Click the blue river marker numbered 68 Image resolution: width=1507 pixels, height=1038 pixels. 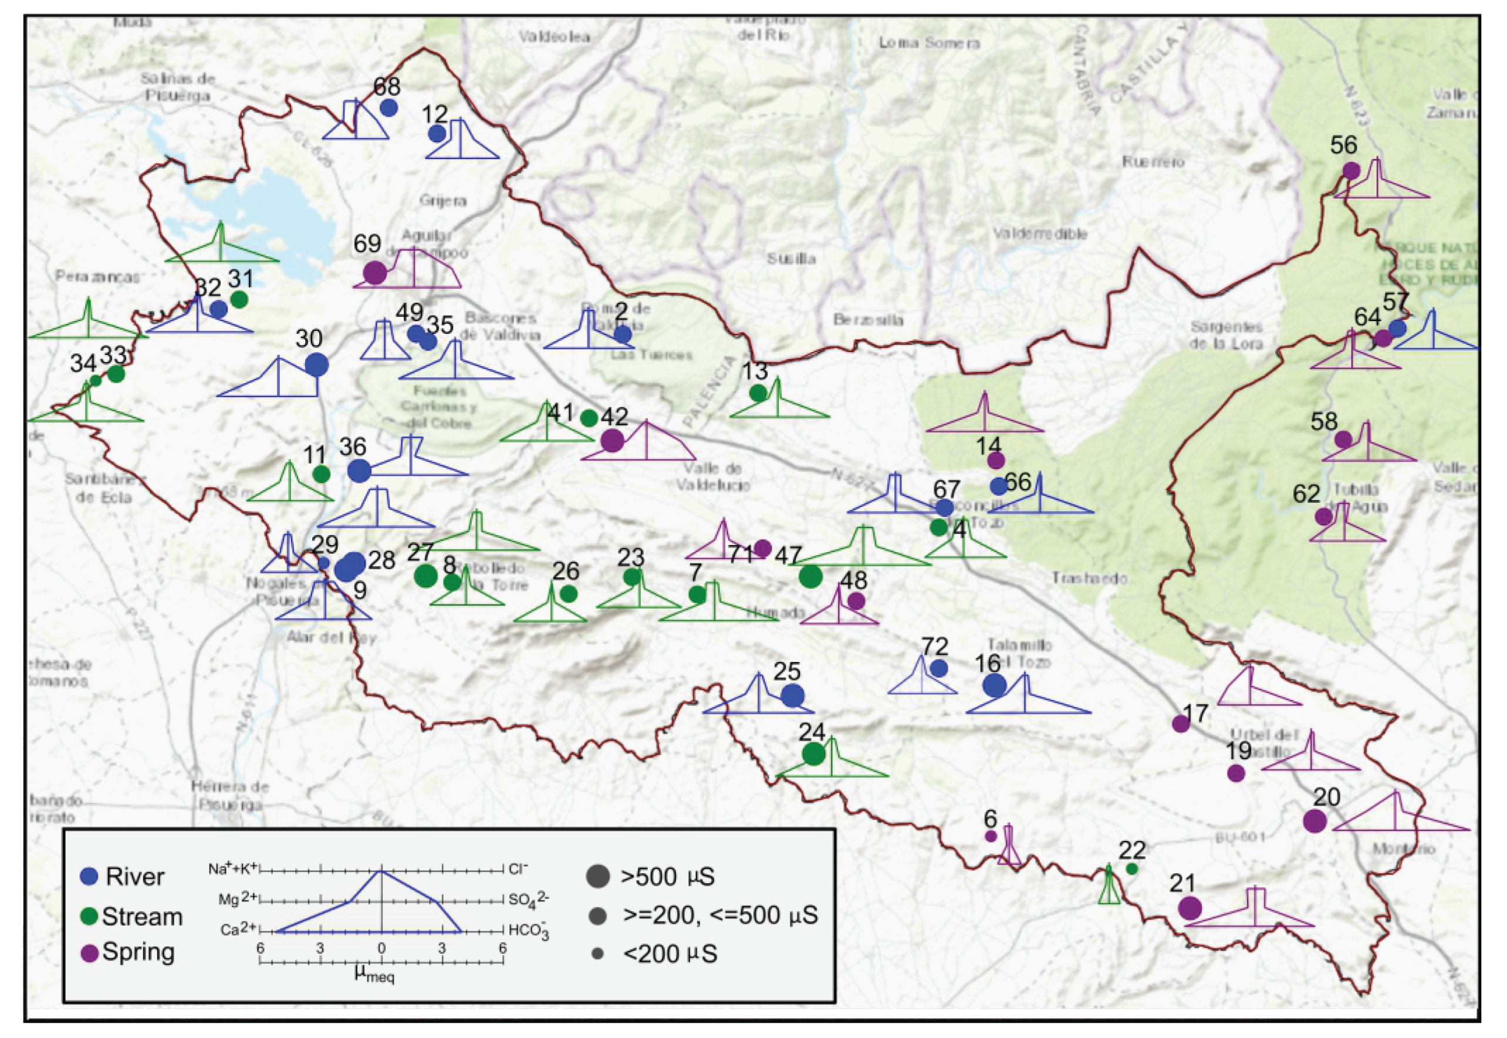pyautogui.click(x=388, y=107)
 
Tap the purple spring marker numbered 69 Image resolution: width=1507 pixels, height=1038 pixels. pyautogui.click(x=374, y=272)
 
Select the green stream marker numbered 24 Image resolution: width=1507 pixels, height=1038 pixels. pyautogui.click(x=813, y=754)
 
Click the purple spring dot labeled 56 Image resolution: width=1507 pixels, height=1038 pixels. pyautogui.click(x=1351, y=170)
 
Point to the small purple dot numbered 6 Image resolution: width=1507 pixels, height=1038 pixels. pyautogui.click(x=990, y=836)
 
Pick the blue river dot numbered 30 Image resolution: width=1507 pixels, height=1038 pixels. pyautogui.click(x=316, y=365)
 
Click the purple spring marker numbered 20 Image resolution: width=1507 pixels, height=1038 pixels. pyautogui.click(x=1315, y=821)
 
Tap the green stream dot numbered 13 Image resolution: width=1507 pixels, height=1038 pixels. pyautogui.click(x=757, y=393)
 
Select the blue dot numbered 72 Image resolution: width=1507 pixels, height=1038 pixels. pyautogui.click(x=938, y=668)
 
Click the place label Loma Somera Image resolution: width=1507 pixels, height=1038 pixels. pyautogui.click(x=929, y=43)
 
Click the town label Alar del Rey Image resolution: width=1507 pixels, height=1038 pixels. pyautogui.click(x=331, y=637)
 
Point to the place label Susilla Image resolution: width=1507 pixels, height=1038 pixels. pyautogui.click(x=791, y=259)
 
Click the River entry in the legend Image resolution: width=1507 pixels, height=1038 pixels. pyautogui.click(x=134, y=877)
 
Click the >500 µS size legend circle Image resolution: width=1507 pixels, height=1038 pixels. pyautogui.click(x=597, y=875)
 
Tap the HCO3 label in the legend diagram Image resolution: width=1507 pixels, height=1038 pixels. pyautogui.click(x=528, y=931)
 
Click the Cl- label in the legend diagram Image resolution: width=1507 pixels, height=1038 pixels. pyautogui.click(x=518, y=869)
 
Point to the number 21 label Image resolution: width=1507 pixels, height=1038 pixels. pyautogui.click(x=1182, y=883)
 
